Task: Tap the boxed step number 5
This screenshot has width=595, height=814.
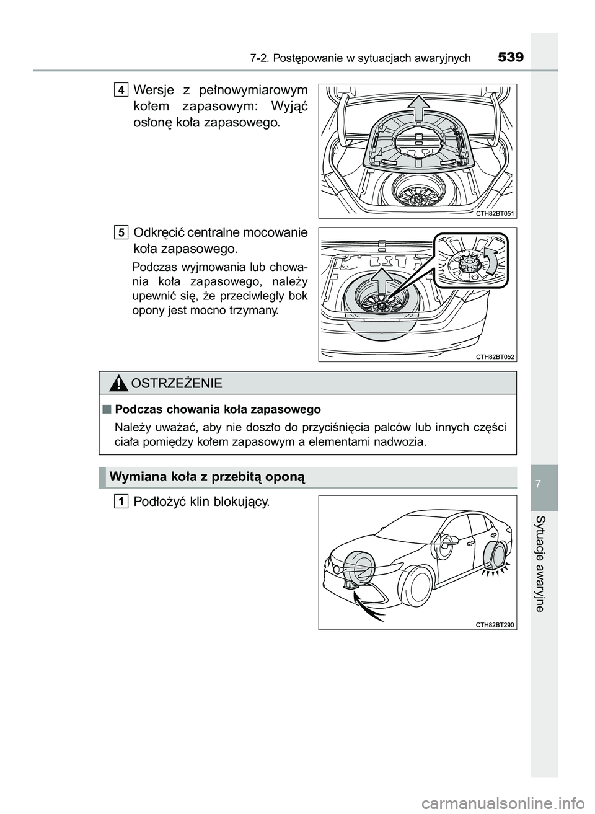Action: pyautogui.click(x=121, y=232)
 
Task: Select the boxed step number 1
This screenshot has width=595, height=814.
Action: pyautogui.click(x=121, y=501)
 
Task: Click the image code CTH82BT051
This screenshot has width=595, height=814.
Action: pyautogui.click(x=495, y=213)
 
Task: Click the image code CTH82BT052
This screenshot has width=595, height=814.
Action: pyautogui.click(x=495, y=356)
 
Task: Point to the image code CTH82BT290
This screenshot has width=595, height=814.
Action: pyautogui.click(x=495, y=624)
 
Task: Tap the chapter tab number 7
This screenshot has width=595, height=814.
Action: pyautogui.click(x=544, y=482)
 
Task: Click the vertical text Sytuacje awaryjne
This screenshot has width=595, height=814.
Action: pyautogui.click(x=544, y=563)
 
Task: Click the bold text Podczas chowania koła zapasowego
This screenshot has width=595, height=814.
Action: pyautogui.click(x=218, y=409)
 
